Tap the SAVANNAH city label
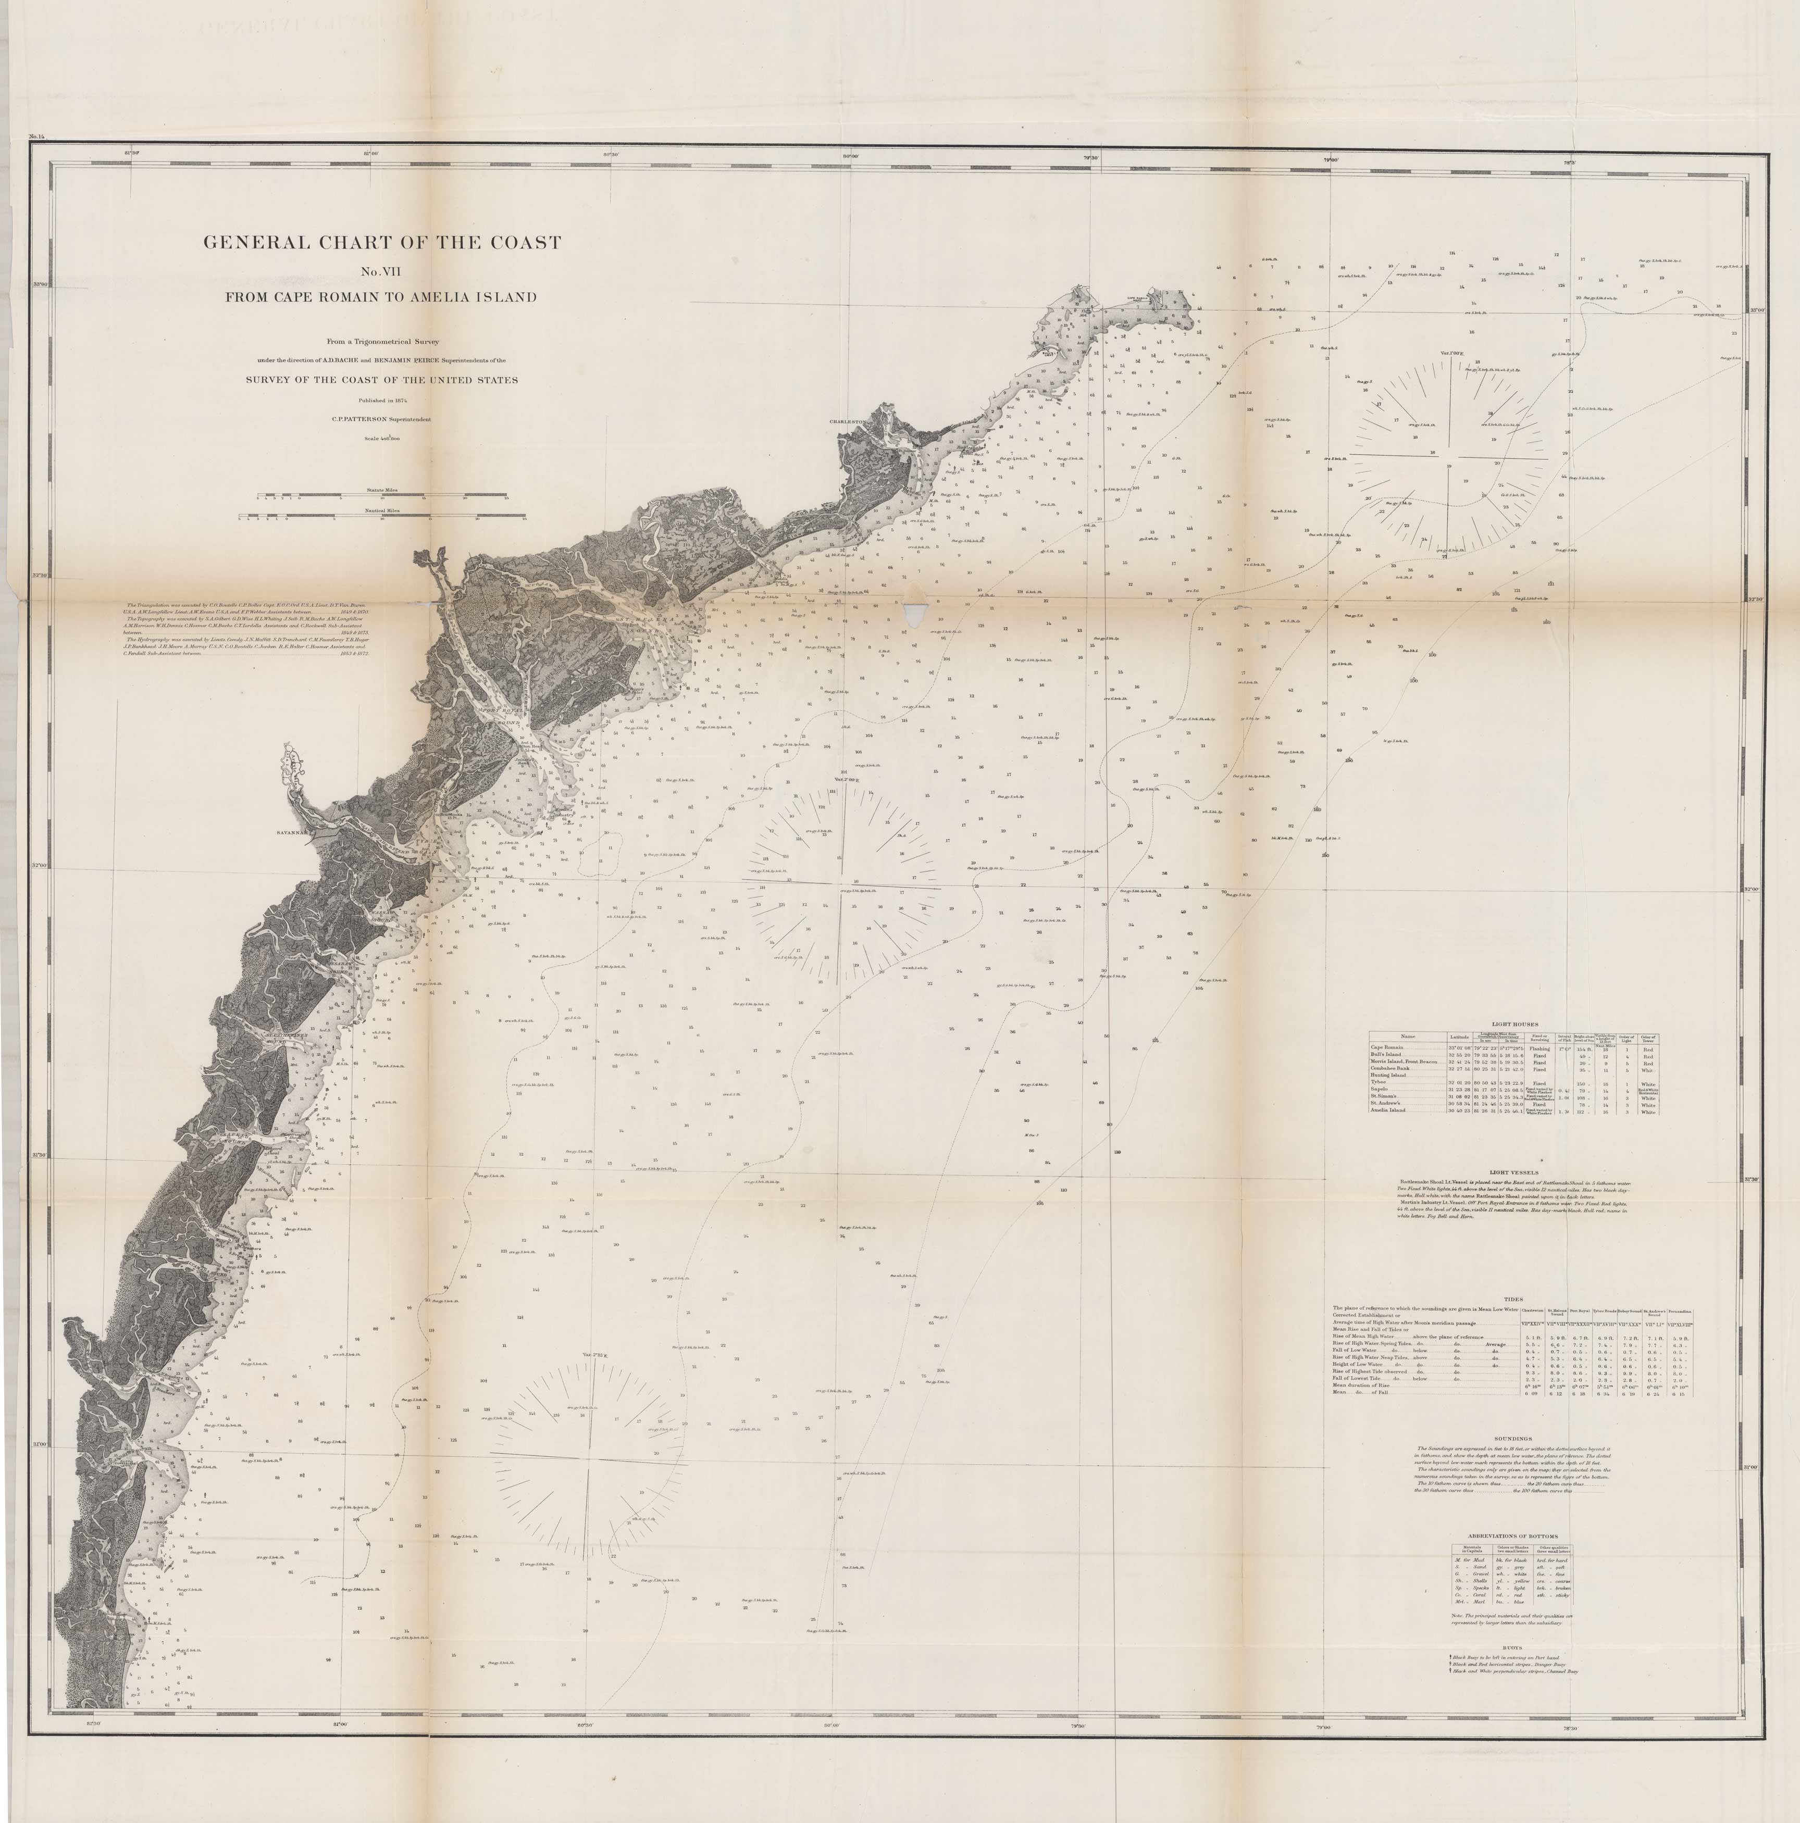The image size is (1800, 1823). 293,833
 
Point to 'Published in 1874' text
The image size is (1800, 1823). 383,400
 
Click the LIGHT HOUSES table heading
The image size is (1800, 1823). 1514,1024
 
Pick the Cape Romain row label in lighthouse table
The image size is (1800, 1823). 1392,1047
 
